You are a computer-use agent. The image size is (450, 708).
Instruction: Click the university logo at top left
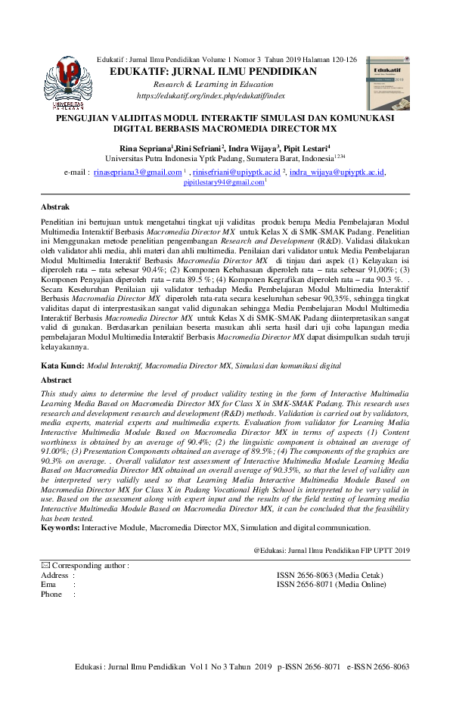point(67,81)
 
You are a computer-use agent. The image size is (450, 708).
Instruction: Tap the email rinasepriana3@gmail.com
point(138,172)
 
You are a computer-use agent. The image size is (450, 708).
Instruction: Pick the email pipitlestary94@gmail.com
point(224,182)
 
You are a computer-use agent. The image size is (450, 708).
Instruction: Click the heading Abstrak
point(55,206)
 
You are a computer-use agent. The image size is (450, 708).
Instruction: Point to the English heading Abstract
point(57,380)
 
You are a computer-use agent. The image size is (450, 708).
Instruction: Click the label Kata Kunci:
point(63,365)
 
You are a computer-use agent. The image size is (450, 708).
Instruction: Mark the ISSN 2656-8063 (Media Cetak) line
point(331,575)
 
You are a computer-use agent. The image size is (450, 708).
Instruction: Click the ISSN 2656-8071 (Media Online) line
point(331,584)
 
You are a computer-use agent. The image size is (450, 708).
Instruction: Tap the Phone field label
point(52,594)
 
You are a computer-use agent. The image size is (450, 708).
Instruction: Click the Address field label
point(55,575)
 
